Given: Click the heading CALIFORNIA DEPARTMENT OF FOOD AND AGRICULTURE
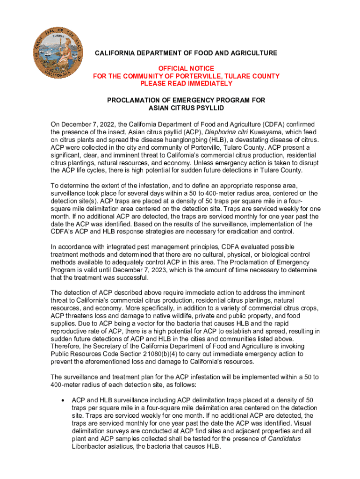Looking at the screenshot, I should (186, 53).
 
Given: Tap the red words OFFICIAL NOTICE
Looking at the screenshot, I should (186, 68).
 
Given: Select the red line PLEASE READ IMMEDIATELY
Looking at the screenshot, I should (186, 84).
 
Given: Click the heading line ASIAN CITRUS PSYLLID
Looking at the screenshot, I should (186, 108).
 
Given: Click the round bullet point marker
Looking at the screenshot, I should (62, 400).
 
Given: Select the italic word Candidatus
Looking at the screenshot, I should (284, 438).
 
